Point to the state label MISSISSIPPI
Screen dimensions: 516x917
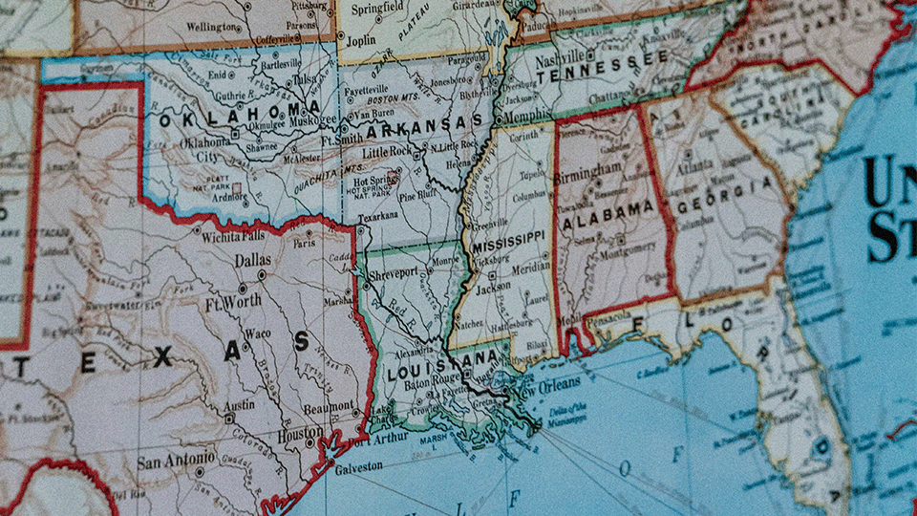pyautogui.click(x=508, y=240)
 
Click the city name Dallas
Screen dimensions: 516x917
pyautogui.click(x=253, y=260)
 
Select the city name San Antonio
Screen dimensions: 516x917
pyautogui.click(x=172, y=462)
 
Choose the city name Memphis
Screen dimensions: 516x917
pyautogui.click(x=527, y=117)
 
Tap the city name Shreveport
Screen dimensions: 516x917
pyautogui.click(x=395, y=274)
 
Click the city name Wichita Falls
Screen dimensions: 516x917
pyautogui.click(x=226, y=234)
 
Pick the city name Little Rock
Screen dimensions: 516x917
pyautogui.click(x=387, y=151)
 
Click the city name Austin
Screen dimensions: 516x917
pyautogui.click(x=239, y=405)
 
